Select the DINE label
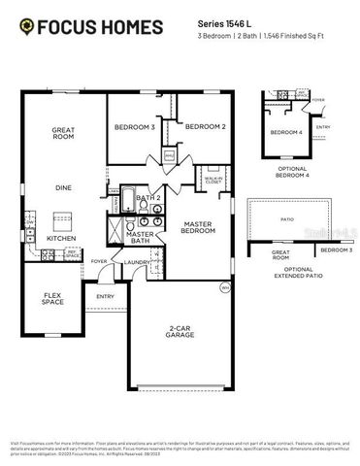(x=62, y=187)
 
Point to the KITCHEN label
(x=61, y=238)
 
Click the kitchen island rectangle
(x=63, y=217)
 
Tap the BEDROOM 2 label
(x=205, y=127)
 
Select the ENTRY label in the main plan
(x=105, y=296)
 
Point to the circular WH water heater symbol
(x=224, y=286)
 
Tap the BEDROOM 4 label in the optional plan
(x=285, y=132)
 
